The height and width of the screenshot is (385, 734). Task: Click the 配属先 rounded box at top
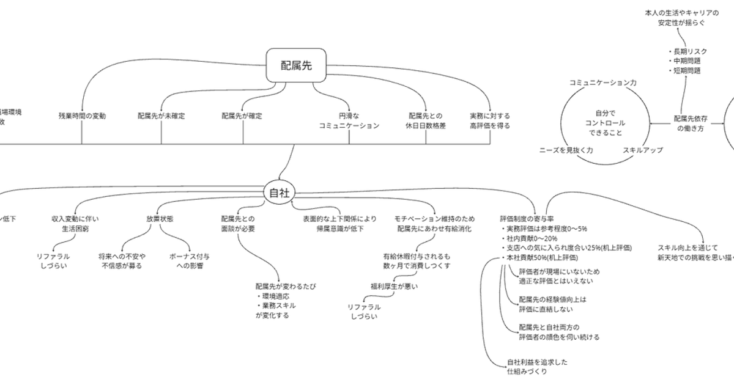coord(296,65)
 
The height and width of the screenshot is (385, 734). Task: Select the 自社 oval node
coord(279,193)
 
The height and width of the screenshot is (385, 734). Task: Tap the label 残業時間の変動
coord(82,115)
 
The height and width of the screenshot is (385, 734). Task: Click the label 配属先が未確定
coord(161,115)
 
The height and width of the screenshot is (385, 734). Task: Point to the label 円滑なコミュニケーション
coord(349,120)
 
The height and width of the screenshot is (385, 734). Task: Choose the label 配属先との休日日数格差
coord(426,120)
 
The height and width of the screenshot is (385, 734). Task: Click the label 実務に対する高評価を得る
coord(489,120)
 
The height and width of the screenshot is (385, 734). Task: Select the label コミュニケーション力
coord(602,82)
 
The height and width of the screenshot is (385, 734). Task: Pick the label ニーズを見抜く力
coord(565,149)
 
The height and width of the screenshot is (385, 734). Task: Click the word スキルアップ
coord(643,149)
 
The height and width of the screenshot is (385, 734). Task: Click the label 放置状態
coord(159,218)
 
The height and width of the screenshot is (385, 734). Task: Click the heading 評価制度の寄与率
coord(527,218)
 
